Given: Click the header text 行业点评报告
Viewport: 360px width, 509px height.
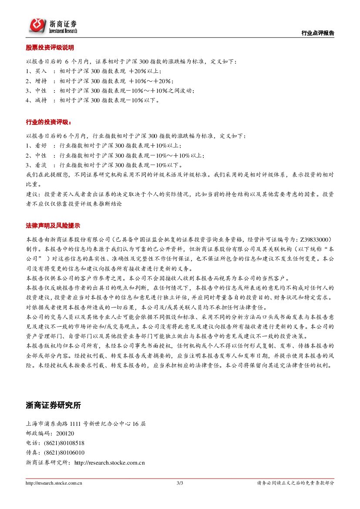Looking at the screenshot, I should [318, 33].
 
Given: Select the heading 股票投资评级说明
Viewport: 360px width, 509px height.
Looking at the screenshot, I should [50, 47].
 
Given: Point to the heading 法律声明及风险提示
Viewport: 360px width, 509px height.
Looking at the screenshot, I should [53, 226].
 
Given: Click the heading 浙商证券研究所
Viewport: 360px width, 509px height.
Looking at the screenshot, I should [53, 405].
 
